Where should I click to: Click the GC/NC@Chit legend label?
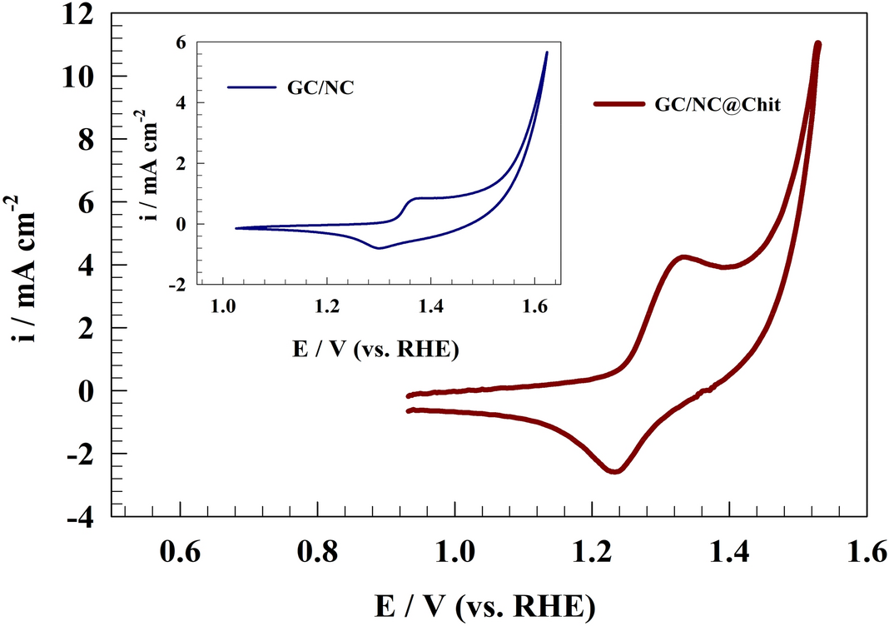tap(716, 105)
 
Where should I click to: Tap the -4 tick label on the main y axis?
tap(87, 517)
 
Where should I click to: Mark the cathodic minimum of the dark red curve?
tap(614, 471)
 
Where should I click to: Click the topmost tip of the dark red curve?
tap(817, 43)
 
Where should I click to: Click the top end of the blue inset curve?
tap(546, 52)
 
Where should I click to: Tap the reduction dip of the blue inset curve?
tap(379, 248)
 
